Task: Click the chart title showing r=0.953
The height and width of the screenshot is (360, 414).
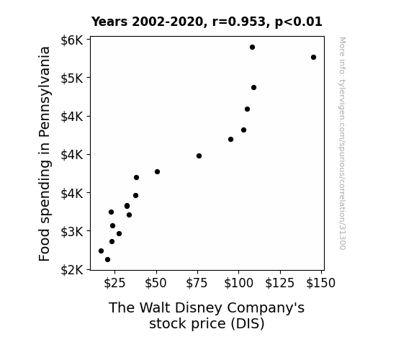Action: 207,22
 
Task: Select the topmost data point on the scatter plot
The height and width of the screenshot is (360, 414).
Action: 252,48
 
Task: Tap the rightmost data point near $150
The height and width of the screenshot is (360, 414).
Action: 313,58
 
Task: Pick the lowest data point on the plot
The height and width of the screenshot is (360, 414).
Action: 107,260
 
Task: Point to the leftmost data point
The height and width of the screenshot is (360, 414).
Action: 101,251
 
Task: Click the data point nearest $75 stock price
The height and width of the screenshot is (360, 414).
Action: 199,156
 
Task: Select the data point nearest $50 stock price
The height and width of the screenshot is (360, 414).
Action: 157,171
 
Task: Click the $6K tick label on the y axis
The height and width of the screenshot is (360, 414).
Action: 72,40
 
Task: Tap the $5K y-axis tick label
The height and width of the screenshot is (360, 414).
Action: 72,78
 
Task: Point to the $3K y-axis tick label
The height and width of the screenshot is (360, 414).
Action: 72,232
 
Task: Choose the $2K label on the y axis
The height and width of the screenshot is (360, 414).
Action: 72,270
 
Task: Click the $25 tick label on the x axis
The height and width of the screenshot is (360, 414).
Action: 114,283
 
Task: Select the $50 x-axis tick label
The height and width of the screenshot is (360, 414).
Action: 156,283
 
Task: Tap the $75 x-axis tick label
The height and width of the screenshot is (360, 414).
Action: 197,283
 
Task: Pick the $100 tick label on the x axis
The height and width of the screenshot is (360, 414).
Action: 239,283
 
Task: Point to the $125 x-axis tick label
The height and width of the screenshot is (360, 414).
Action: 280,283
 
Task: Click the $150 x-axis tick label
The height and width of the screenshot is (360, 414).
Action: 321,283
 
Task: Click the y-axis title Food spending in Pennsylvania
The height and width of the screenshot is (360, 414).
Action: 45,154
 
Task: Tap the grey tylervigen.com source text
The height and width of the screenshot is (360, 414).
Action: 343,143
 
